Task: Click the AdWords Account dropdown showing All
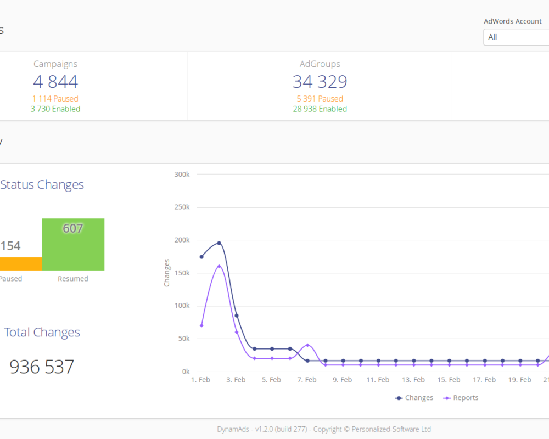(x=516, y=37)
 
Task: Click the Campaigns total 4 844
(x=55, y=82)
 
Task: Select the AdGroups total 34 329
(x=320, y=82)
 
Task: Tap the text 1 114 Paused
(x=55, y=99)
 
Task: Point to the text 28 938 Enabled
(x=320, y=109)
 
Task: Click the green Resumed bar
(x=73, y=244)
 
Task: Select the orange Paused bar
(x=21, y=264)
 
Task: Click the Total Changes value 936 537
(x=42, y=367)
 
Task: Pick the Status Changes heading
(x=42, y=184)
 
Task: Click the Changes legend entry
(x=414, y=398)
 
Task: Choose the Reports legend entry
(x=461, y=398)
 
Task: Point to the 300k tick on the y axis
(x=182, y=175)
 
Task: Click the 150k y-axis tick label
(x=182, y=273)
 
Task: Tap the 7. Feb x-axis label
(x=307, y=380)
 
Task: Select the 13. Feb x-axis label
(x=413, y=380)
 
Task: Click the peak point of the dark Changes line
(x=219, y=243)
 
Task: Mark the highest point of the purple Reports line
(x=219, y=266)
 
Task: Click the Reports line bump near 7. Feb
(x=308, y=345)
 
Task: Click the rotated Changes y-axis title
(x=167, y=273)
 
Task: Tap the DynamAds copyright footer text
(x=324, y=429)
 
